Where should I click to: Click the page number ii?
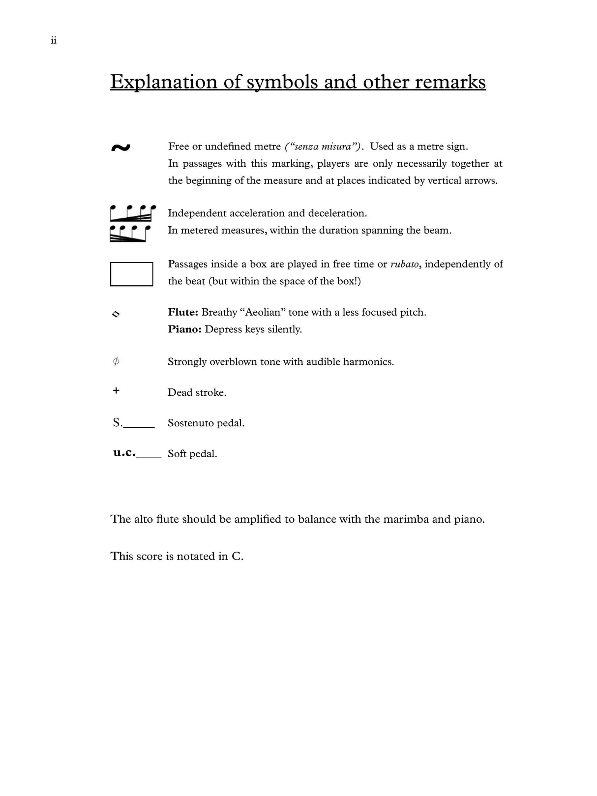point(54,41)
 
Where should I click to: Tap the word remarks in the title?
point(450,82)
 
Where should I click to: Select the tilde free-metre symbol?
point(120,147)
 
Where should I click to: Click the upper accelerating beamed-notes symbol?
point(132,214)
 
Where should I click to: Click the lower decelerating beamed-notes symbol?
point(130,234)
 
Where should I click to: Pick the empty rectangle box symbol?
point(131,274)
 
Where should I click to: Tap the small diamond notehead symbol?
point(116,314)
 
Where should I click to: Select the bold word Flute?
point(183,313)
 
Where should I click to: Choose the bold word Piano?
point(184,329)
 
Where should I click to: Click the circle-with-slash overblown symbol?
point(116,362)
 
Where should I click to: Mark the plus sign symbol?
point(116,391)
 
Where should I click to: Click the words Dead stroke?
point(197,393)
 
